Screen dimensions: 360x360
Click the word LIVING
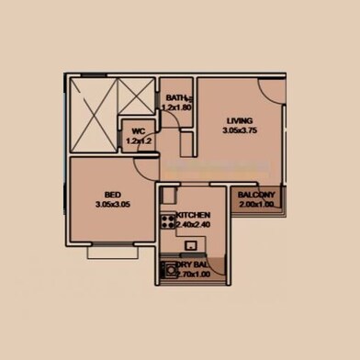tap(240, 120)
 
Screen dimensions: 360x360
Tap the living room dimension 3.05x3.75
tap(240, 130)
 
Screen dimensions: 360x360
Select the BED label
tap(112, 195)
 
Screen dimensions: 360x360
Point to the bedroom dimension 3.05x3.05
tap(112, 204)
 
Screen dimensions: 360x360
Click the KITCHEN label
tap(194, 214)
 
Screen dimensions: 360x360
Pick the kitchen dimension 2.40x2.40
tap(194, 223)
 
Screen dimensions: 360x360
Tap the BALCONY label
tap(256, 196)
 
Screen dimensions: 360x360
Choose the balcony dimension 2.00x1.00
tap(256, 206)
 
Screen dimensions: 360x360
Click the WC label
tap(139, 131)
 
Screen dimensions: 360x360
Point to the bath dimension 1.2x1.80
tap(176, 108)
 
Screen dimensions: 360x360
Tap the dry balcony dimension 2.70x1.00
tap(194, 273)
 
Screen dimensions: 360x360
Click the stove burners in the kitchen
tap(168, 220)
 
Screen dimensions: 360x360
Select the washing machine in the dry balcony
tap(169, 271)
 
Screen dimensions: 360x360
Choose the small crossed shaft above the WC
tap(138, 97)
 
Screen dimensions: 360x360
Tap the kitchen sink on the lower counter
tap(191, 245)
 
